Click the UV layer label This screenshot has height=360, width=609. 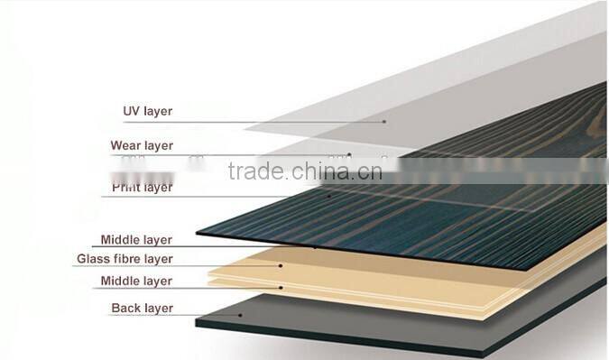click(x=147, y=112)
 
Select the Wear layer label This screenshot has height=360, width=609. click(x=142, y=145)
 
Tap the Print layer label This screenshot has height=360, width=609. click(x=142, y=188)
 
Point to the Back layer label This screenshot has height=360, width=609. click(x=142, y=309)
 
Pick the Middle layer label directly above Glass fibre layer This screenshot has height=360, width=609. click(x=135, y=240)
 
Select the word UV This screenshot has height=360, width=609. click(x=132, y=112)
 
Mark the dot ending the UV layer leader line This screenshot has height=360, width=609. click(x=383, y=121)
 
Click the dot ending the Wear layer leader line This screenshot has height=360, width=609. click(x=350, y=154)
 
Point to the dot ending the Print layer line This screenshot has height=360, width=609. click(x=329, y=194)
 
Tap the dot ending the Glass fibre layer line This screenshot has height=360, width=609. click(x=282, y=265)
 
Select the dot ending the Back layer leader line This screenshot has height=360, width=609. click(x=240, y=315)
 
